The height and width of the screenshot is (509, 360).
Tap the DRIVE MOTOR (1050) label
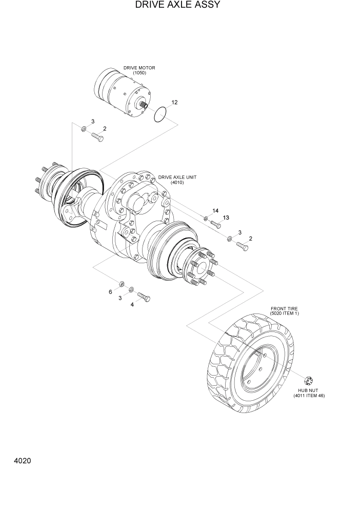tap(139, 70)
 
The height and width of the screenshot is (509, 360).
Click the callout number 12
tap(174, 103)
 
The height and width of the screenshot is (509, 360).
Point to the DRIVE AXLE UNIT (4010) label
tap(177, 180)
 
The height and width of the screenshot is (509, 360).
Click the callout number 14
tap(215, 211)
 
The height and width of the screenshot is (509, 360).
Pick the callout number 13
tap(226, 218)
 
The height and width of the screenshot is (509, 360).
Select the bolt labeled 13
tap(215, 224)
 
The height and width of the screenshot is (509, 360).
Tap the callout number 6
tap(110, 292)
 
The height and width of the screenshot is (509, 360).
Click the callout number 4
tap(132, 304)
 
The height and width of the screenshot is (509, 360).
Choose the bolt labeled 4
tap(144, 298)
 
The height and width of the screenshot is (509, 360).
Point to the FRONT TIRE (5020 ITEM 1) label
tap(284, 311)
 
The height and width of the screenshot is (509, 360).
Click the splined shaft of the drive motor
tap(143, 106)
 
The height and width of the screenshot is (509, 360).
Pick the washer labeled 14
tap(206, 219)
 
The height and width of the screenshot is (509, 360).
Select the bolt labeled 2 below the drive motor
tap(97, 137)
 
